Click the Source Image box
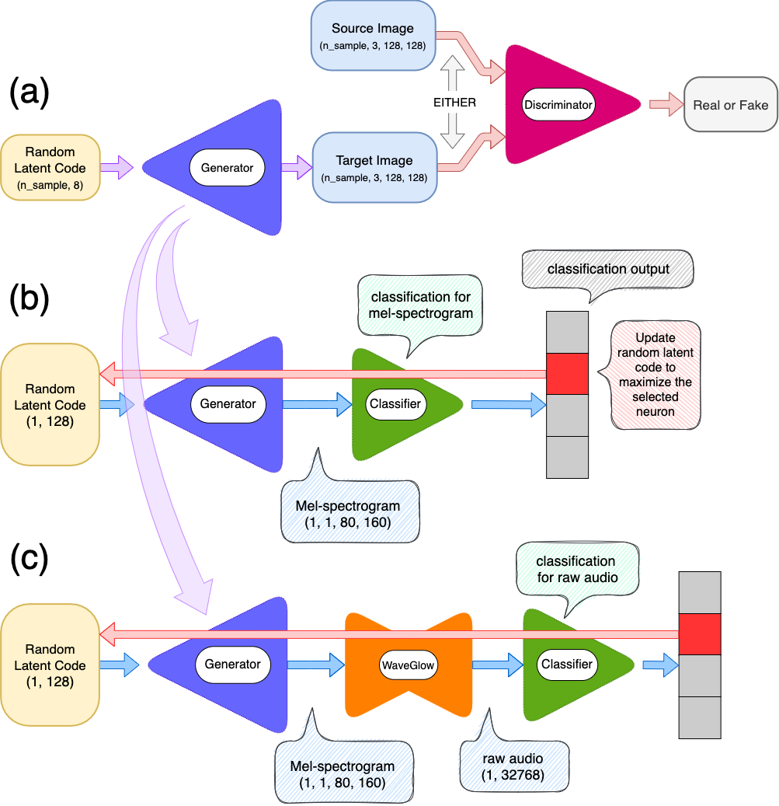pos(374,37)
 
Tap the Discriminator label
pos(558,104)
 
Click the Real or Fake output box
pos(729,105)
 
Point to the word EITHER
pos(454,102)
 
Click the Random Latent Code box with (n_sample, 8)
pos(50,168)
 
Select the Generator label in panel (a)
pos(228,167)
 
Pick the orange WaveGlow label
pos(408,665)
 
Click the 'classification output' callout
pos(607,270)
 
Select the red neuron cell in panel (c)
pos(700,633)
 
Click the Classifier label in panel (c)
pos(566,664)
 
